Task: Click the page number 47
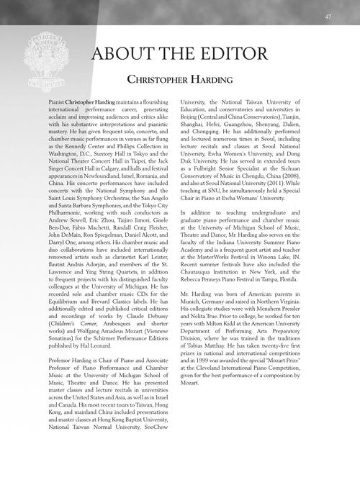pos(328,17)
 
